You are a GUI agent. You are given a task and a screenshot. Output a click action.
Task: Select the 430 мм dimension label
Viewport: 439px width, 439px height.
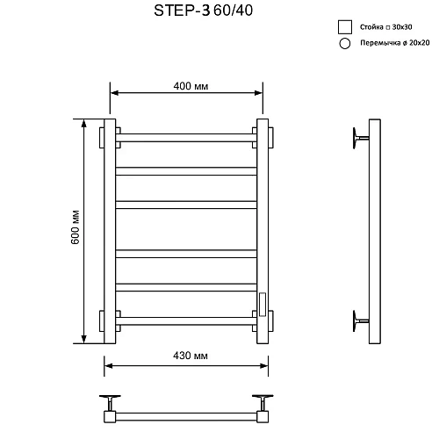coord(185,356)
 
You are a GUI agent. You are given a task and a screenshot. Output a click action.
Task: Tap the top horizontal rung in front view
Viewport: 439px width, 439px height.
coord(185,138)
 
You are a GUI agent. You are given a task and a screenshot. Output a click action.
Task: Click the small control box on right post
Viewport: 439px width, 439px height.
coord(261,303)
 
